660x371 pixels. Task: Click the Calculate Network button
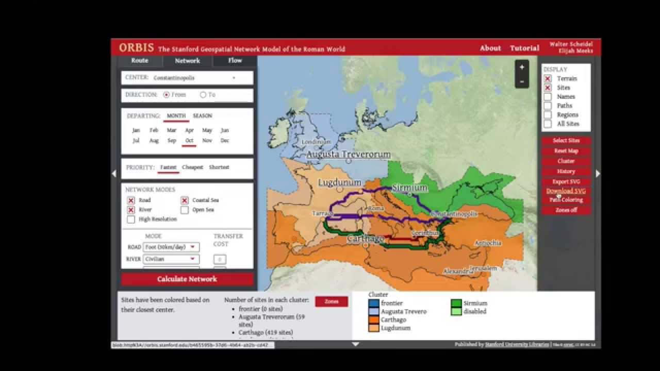pyautogui.click(x=187, y=279)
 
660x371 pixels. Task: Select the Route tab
pyautogui.click(x=140, y=60)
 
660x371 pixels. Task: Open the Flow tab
pyautogui.click(x=235, y=60)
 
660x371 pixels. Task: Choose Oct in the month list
pyautogui.click(x=189, y=141)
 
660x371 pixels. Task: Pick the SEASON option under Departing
pyautogui.click(x=202, y=116)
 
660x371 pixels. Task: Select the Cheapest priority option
pyautogui.click(x=192, y=167)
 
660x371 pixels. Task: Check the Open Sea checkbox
pyautogui.click(x=185, y=210)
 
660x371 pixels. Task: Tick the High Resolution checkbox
pyautogui.click(x=131, y=220)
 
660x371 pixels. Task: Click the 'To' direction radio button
pyautogui.click(x=203, y=95)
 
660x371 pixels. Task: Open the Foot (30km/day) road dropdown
pyautogui.click(x=171, y=247)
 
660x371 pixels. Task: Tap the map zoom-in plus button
pyautogui.click(x=522, y=68)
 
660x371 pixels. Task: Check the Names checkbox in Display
pyautogui.click(x=548, y=97)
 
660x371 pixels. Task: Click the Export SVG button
pyautogui.click(x=566, y=181)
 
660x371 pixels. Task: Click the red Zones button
pyautogui.click(x=332, y=301)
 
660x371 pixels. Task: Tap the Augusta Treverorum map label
pyautogui.click(x=349, y=155)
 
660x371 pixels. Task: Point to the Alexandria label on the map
pyautogui.click(x=457, y=271)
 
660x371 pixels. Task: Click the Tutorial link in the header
pyautogui.click(x=524, y=48)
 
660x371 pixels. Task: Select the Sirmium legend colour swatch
pyautogui.click(x=456, y=303)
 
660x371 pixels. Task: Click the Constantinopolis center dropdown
pyautogui.click(x=194, y=78)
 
